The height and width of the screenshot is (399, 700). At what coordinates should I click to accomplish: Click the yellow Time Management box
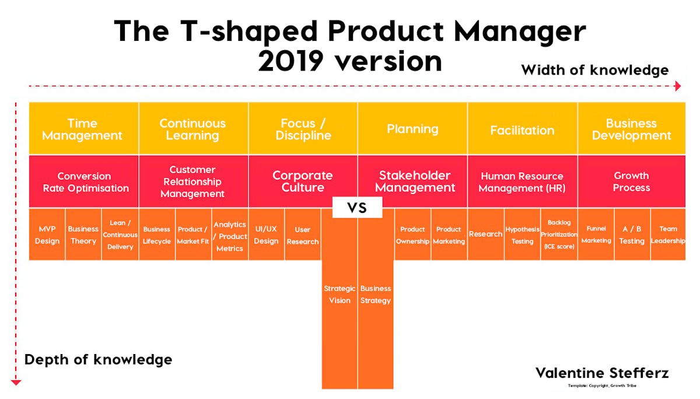pyautogui.click(x=83, y=129)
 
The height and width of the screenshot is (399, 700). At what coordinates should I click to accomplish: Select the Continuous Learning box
pyautogui.click(x=192, y=129)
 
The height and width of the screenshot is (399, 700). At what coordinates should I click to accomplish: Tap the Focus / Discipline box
pyautogui.click(x=303, y=129)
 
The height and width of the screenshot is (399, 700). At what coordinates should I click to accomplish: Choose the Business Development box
pyautogui.click(x=631, y=129)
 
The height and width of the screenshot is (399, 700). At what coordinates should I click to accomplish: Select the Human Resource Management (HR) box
pyautogui.click(x=522, y=181)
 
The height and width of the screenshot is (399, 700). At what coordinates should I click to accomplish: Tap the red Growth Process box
pyautogui.click(x=631, y=181)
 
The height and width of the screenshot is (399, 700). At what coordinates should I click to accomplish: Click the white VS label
pyautogui.click(x=357, y=208)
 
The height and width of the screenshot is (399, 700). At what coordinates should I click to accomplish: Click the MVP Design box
pyautogui.click(x=47, y=235)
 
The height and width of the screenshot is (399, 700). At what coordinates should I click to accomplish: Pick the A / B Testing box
pyautogui.click(x=632, y=235)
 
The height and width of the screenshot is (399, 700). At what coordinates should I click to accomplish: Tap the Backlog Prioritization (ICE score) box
pyautogui.click(x=559, y=235)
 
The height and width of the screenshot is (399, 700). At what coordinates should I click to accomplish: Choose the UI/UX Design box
pyautogui.click(x=266, y=235)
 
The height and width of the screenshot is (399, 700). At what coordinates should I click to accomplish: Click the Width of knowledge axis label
pyautogui.click(x=594, y=70)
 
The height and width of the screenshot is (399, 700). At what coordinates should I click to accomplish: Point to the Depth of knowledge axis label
pyautogui.click(x=98, y=359)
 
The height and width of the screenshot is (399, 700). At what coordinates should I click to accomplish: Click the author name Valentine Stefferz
pyautogui.click(x=602, y=373)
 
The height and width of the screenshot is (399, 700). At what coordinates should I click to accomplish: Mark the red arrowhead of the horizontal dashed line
pyautogui.click(x=677, y=86)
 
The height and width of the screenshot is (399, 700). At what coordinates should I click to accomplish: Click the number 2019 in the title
pyautogui.click(x=299, y=61)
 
